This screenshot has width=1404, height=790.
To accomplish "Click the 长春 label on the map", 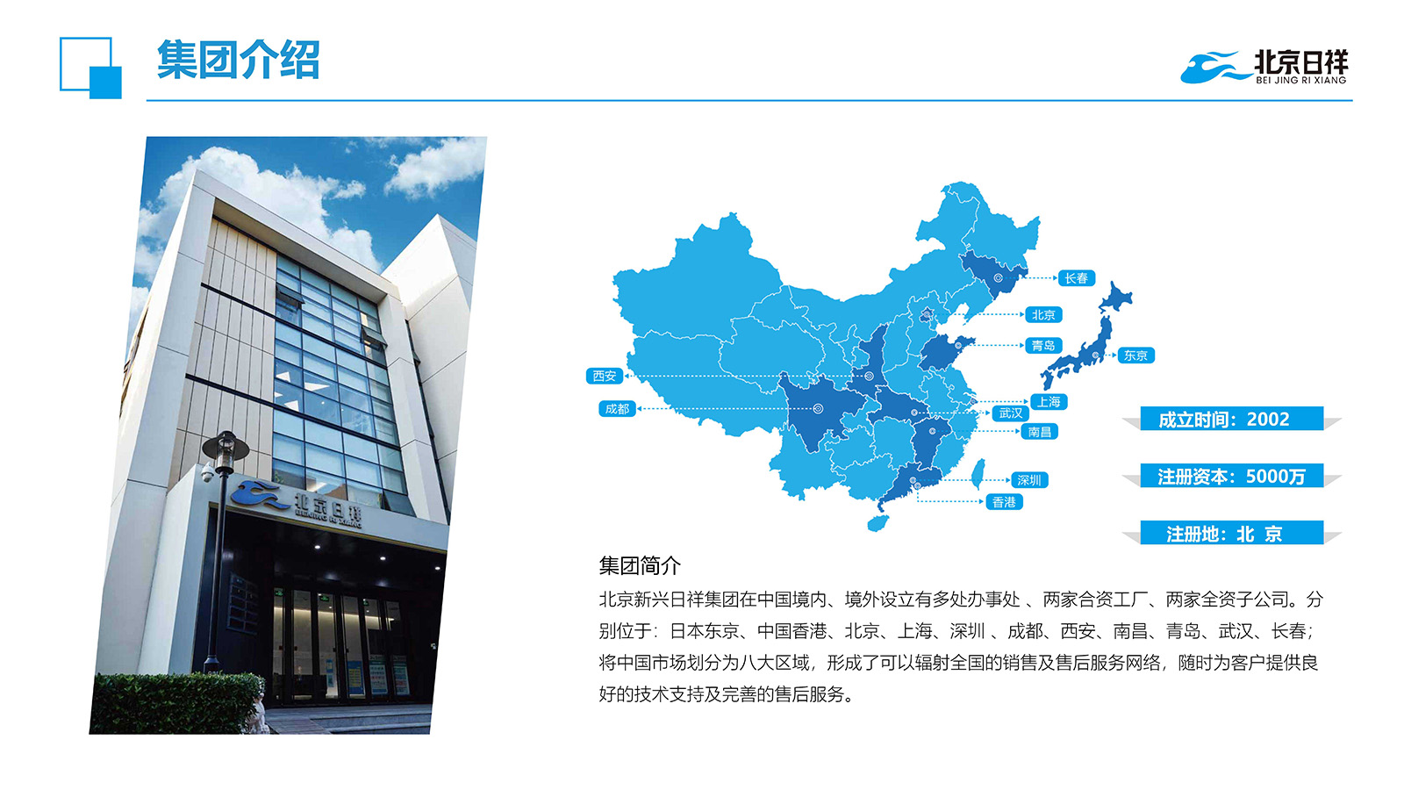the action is click(x=1076, y=277).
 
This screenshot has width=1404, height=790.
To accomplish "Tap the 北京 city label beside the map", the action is click(x=1043, y=315).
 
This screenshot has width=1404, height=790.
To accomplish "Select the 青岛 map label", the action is click(x=1043, y=346).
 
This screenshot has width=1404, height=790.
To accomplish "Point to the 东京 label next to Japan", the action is click(x=1135, y=355).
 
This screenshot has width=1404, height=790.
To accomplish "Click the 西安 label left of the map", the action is click(x=605, y=376).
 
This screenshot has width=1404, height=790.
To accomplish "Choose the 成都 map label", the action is click(x=617, y=409).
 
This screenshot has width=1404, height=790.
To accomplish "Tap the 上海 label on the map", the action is click(x=1048, y=402).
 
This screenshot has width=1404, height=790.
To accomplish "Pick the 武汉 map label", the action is click(x=1010, y=413).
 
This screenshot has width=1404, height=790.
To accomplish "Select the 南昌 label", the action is click(x=1039, y=431).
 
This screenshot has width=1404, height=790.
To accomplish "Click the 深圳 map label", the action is click(x=1029, y=480).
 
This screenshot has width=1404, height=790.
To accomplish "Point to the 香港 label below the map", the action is click(x=1004, y=501).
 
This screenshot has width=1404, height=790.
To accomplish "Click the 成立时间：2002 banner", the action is click(x=1231, y=419).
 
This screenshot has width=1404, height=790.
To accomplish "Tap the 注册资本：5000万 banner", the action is click(x=1231, y=476).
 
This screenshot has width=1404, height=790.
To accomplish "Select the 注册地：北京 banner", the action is click(x=1231, y=534).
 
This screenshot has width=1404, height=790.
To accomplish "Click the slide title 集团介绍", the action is click(x=238, y=60).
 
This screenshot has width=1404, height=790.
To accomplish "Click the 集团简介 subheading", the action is click(x=640, y=565).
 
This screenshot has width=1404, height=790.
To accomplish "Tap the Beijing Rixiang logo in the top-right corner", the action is click(x=1264, y=67).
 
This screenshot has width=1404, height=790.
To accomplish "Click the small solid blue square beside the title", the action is click(x=105, y=83).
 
